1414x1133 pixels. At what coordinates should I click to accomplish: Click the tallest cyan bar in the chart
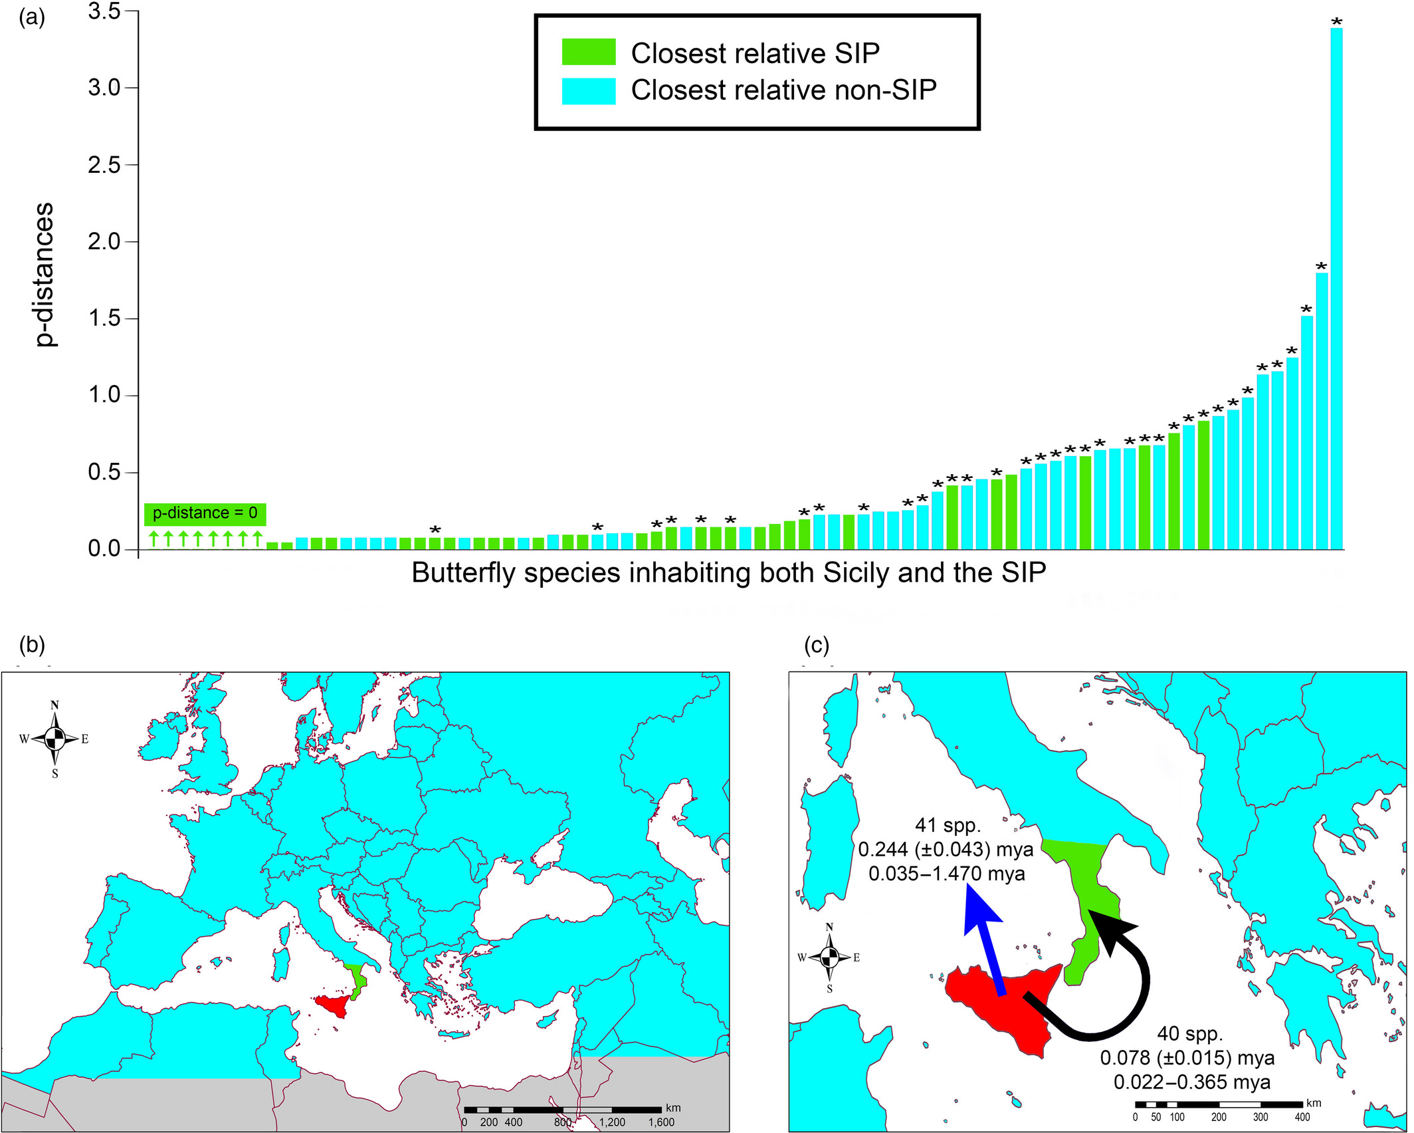pyautogui.click(x=1336, y=286)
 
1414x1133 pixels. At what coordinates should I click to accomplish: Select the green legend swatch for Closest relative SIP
pyautogui.click(x=589, y=52)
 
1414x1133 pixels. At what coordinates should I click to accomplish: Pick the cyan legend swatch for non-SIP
pyautogui.click(x=589, y=90)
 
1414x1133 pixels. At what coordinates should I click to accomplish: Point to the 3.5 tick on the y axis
pyautogui.click(x=106, y=11)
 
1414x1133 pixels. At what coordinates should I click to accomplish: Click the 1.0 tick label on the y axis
pyautogui.click(x=106, y=395)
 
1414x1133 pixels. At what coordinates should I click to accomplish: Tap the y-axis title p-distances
pyautogui.click(x=45, y=275)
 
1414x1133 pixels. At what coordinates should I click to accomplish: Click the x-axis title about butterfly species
pyautogui.click(x=728, y=572)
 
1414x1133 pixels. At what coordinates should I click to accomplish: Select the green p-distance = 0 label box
pyautogui.click(x=205, y=513)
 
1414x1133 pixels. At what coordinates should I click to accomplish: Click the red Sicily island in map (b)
pyautogui.click(x=335, y=1004)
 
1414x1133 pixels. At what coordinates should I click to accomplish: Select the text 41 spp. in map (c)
pyautogui.click(x=948, y=825)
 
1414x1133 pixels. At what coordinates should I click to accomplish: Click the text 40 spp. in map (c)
pyautogui.click(x=1189, y=1034)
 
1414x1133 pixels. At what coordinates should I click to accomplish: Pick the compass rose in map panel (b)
pyautogui.click(x=55, y=738)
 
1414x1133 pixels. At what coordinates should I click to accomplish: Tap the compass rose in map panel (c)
pyautogui.click(x=829, y=957)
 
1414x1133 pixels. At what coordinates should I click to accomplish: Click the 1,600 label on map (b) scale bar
pyautogui.click(x=660, y=1122)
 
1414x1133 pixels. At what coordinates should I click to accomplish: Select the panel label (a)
pyautogui.click(x=32, y=18)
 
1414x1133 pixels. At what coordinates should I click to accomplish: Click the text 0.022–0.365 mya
pyautogui.click(x=1192, y=1082)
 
